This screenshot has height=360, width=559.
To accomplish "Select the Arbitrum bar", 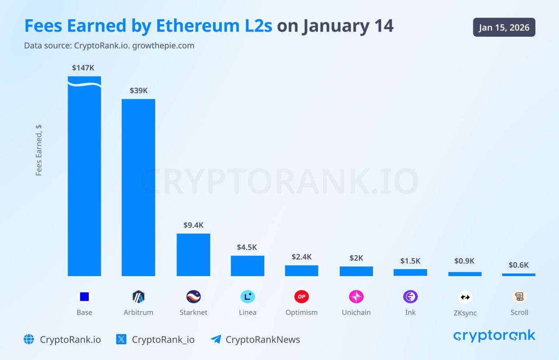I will [x=138, y=187].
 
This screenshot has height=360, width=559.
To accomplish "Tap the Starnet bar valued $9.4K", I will [x=193, y=255].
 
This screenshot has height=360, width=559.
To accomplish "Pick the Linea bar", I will [x=247, y=266].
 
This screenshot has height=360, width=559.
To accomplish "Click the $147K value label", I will [x=83, y=68].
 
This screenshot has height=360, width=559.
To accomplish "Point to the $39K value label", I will [x=138, y=90].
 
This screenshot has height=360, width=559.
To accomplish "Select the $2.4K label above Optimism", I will [x=301, y=257].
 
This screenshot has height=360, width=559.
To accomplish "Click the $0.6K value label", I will [x=518, y=265].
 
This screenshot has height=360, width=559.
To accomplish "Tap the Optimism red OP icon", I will [x=301, y=297].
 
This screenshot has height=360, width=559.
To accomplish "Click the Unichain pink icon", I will [x=356, y=297].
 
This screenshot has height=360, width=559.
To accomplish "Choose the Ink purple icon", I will [x=410, y=297].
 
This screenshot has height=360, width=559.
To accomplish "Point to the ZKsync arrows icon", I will [x=465, y=297].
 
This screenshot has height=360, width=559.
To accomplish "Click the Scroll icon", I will [x=519, y=297].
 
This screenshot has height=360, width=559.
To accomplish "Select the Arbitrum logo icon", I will [x=138, y=297].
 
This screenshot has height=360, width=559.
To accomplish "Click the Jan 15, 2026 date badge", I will [x=504, y=28].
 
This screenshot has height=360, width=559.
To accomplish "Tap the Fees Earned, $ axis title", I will [x=39, y=150].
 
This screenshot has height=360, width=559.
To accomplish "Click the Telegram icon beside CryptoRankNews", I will [x=216, y=339].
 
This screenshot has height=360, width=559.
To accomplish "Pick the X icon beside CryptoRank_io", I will [x=121, y=339].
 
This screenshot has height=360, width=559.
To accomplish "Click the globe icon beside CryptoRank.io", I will [x=29, y=339].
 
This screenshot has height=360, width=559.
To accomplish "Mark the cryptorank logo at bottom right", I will [x=494, y=336].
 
